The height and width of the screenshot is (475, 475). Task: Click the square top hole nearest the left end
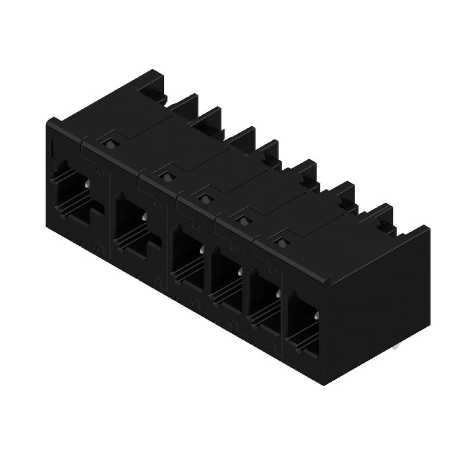[108, 142]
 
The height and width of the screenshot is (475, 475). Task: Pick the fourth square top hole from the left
[243, 220]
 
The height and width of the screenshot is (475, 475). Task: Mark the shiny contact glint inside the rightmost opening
[315, 316]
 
